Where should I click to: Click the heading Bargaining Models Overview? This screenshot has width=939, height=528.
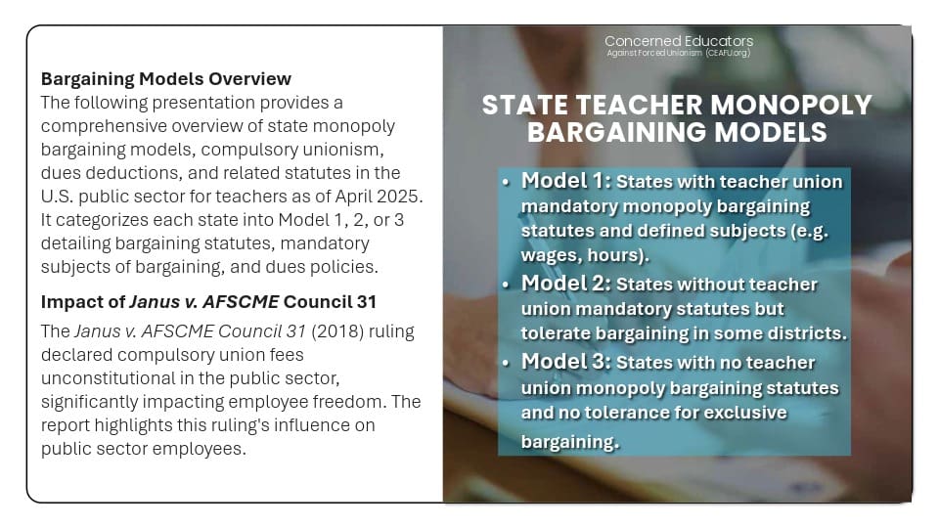(166, 78)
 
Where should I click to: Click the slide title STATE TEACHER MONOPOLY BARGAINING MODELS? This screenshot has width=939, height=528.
(677, 118)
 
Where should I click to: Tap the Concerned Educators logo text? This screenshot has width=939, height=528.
(679, 41)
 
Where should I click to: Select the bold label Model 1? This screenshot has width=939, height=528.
(565, 181)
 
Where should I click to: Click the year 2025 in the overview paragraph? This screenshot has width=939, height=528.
(403, 197)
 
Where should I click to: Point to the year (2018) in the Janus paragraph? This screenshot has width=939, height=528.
(335, 330)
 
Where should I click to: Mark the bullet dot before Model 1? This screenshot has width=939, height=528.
(505, 183)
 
